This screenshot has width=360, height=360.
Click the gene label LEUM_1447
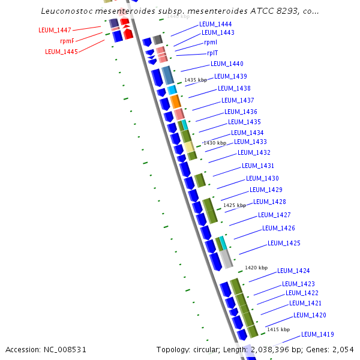click(55, 30)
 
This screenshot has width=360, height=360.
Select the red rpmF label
click(67, 41)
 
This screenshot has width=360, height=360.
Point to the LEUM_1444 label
click(215, 24)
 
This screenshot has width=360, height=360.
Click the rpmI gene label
click(211, 43)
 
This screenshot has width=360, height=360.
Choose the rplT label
click(212, 53)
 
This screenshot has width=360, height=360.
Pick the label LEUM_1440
click(227, 64)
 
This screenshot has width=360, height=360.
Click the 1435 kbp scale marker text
click(196, 80)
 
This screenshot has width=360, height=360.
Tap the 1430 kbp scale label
click(214, 143)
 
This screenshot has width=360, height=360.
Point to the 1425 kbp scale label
click(234, 205)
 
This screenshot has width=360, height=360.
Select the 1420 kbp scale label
click(256, 268)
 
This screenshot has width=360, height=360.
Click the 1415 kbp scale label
click(278, 329)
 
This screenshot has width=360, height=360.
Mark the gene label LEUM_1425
click(284, 243)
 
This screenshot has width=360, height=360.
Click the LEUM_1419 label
click(317, 334)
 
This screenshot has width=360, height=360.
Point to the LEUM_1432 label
click(254, 153)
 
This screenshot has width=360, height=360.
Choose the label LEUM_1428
click(269, 202)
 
